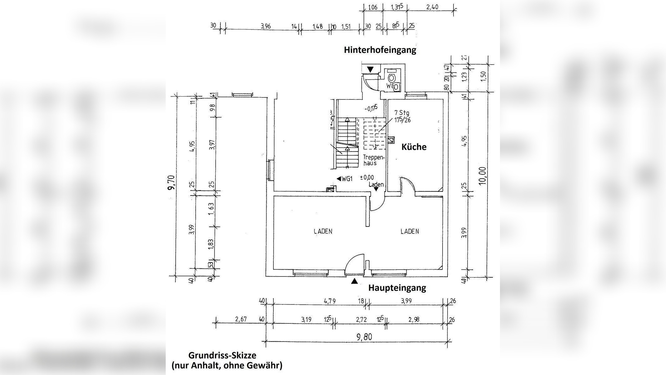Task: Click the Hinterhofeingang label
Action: pyautogui.click(x=380, y=50)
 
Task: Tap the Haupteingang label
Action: pyautogui.click(x=397, y=288)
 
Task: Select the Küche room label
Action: pyautogui.click(x=414, y=147)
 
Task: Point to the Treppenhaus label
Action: pyautogui.click(x=370, y=160)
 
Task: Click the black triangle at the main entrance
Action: pyautogui.click(x=354, y=282)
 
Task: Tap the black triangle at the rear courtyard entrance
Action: pyautogui.click(x=370, y=69)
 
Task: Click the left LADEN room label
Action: pyautogui.click(x=323, y=232)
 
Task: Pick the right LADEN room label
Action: pyautogui.click(x=410, y=232)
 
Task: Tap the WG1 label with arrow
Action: pyautogui.click(x=345, y=179)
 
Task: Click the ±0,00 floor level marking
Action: pyautogui.click(x=367, y=178)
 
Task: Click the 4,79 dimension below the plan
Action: pyautogui.click(x=330, y=301)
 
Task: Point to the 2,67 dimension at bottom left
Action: pyautogui.click(x=241, y=319)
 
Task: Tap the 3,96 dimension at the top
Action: pyautogui.click(x=266, y=26)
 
